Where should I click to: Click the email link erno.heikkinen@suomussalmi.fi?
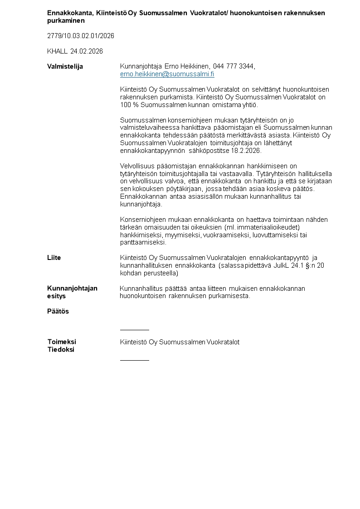pos(167,74)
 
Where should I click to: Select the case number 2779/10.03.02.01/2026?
pos(81,36)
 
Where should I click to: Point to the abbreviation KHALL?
pos(57,51)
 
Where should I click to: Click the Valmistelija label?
pos(65,66)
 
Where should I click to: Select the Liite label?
pos(54,258)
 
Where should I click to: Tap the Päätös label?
pos(58,311)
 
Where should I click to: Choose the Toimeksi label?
pos(62,342)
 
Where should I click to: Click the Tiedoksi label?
pos(61,349)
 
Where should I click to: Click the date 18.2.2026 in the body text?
pos(245,151)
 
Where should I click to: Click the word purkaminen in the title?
pos(66,20)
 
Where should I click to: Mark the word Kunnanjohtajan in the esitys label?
pos(72,288)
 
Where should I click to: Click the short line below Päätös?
pos(134,330)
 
